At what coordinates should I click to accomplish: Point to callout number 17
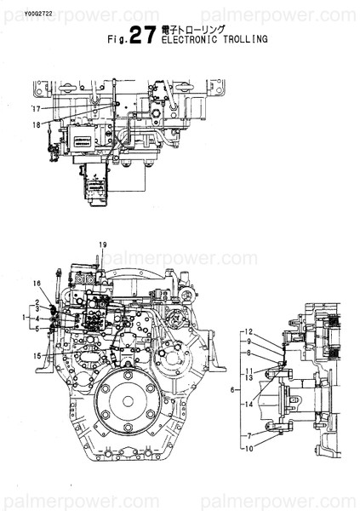36,110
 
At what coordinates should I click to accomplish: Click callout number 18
36,126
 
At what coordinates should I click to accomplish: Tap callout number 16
37,283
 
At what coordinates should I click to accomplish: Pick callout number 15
37,355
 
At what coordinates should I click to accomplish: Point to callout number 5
37,327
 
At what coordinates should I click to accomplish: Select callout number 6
231,389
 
